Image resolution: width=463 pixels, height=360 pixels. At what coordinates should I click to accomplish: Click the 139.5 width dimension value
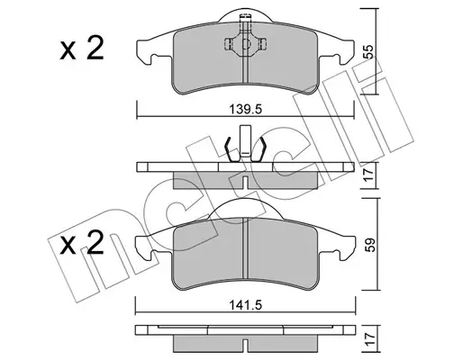(x=246, y=109)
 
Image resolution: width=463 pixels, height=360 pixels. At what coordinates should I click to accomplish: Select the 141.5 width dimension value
(x=246, y=305)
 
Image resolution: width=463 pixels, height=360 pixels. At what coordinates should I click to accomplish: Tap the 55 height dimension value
(x=368, y=51)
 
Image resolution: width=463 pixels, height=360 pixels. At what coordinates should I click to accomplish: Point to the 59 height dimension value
(x=369, y=245)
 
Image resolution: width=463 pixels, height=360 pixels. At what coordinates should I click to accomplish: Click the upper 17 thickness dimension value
(x=368, y=175)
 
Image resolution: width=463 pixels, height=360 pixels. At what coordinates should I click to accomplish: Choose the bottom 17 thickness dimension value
(x=369, y=339)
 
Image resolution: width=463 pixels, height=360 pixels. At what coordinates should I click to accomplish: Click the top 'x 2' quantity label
(x=82, y=48)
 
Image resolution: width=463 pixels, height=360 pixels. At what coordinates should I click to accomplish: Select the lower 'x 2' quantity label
(x=82, y=242)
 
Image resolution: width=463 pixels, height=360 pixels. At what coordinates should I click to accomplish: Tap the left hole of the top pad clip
(x=228, y=44)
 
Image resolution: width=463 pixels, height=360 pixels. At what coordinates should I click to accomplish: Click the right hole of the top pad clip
(x=263, y=44)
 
